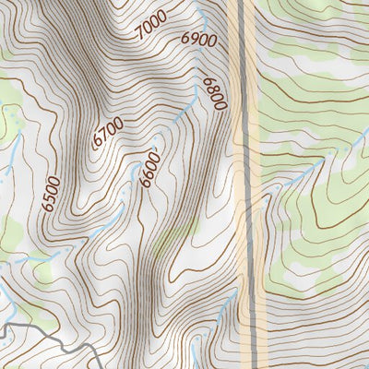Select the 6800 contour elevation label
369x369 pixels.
click(x=215, y=93)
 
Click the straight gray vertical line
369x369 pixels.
click(x=247, y=184)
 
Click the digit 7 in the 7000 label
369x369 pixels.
click(x=139, y=35)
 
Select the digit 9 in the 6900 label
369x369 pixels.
click(x=192, y=39)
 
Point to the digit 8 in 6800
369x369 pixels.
click(x=213, y=89)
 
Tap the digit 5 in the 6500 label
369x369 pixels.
click(x=52, y=198)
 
